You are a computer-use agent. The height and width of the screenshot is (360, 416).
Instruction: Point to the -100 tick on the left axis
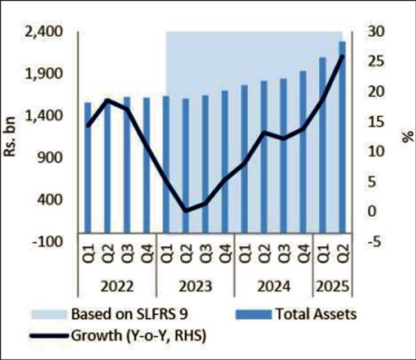48,241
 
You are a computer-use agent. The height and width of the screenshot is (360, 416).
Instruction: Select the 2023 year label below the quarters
194,285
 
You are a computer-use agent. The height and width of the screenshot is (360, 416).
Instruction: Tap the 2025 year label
332,285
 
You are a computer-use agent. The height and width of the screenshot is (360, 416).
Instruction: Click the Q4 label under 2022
146,254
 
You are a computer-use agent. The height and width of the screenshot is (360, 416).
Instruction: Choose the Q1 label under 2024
244,254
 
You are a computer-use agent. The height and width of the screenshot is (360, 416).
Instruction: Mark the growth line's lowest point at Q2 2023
186,210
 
